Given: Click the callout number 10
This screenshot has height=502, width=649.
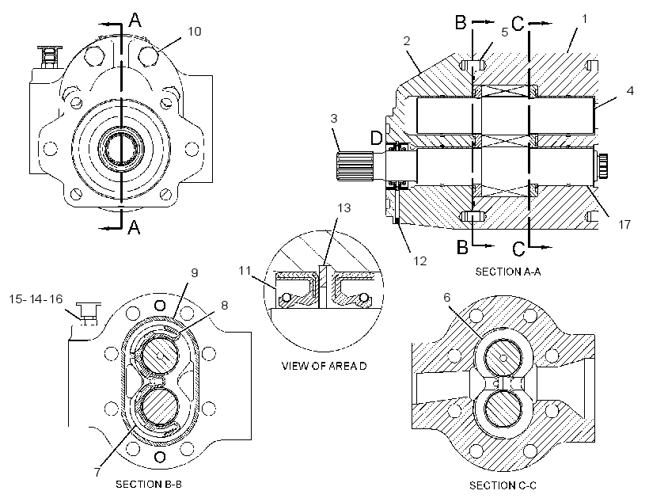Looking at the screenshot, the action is point(195,32).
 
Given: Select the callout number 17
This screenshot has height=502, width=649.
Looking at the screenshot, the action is point(624,225).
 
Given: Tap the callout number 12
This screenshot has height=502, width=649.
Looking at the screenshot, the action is point(419,261).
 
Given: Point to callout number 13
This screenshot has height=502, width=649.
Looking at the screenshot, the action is point(344,208).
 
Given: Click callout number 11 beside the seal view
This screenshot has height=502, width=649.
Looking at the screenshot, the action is point(245,271).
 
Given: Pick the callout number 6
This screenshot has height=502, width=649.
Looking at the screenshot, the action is point(446,298).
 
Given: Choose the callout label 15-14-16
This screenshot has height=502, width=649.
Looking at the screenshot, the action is point(36,299).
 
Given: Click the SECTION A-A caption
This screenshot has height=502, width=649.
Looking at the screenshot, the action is point(508,272).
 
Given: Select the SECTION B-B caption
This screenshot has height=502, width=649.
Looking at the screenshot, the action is point(149,485).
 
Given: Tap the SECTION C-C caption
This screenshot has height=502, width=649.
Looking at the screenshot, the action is point(503,485).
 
